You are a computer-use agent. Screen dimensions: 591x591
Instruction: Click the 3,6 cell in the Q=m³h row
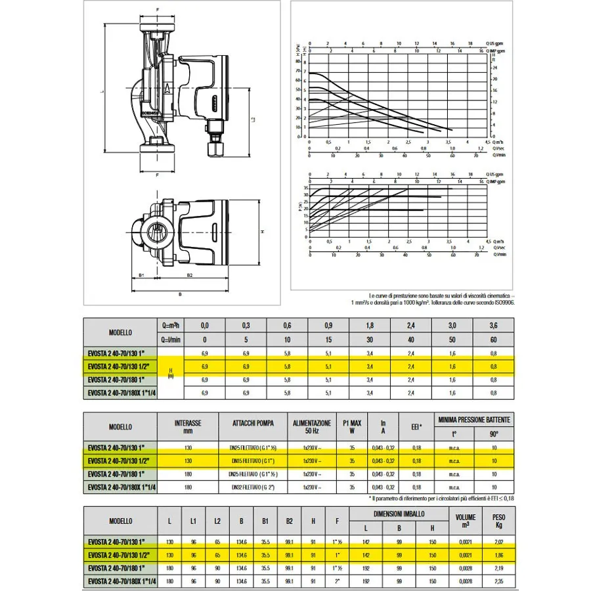[494, 325]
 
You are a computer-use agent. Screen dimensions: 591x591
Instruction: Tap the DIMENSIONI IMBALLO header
[399, 514]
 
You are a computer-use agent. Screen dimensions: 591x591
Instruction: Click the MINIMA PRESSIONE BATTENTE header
[473, 418]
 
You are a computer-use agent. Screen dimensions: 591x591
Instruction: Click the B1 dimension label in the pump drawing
[142, 276]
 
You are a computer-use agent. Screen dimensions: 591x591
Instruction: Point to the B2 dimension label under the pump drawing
[189, 276]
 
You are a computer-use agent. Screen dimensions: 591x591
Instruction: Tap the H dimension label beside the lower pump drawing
[261, 232]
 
